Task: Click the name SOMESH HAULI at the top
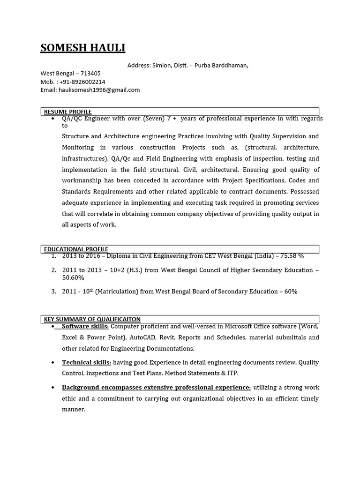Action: pos(82,48)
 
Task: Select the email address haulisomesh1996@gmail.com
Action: pos(99,90)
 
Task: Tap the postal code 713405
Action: pos(90,74)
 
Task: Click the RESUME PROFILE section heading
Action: pos(67,112)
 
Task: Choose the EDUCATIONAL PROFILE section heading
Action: pos(76,249)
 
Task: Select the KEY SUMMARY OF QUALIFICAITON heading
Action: pos(92,319)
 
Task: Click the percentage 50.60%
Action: pos(73,278)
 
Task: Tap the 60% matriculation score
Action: pos(291,292)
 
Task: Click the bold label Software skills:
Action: pos(85,326)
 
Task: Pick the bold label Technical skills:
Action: pos(86,362)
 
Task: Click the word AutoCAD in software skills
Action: pos(142,337)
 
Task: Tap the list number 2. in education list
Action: pos(54,270)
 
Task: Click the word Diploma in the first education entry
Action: pos(119,256)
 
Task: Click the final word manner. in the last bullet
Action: pos(74,409)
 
